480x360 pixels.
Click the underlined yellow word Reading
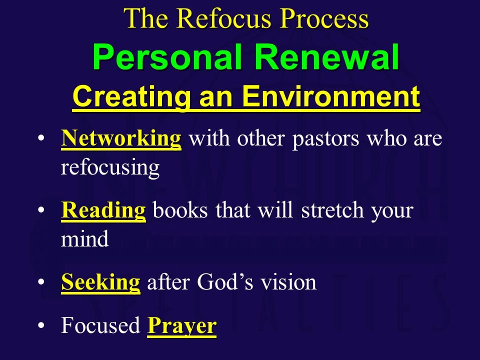103,211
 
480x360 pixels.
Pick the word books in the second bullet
180,210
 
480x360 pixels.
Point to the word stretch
332,210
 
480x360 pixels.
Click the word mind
85,239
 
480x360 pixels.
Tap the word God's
225,281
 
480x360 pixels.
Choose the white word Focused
100,325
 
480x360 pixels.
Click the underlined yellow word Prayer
182,326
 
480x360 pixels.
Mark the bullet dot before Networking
41,138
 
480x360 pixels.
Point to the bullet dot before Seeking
41,281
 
